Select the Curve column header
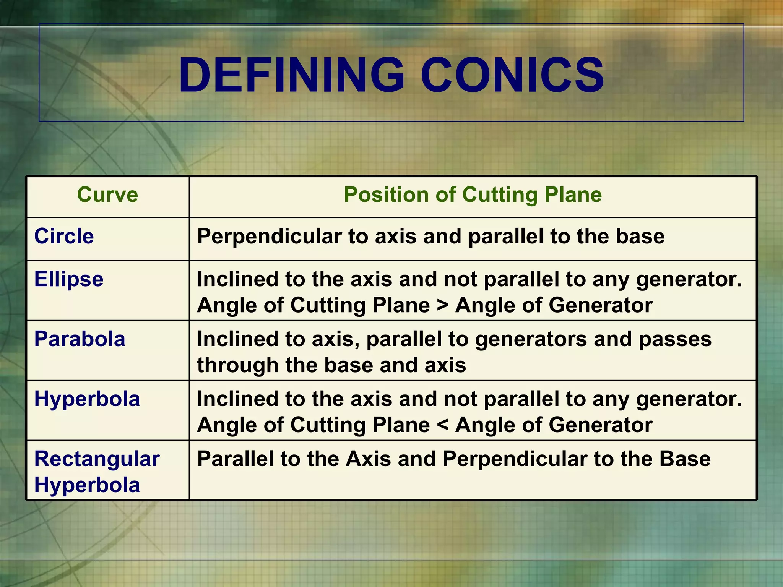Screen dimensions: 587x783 pos(107,195)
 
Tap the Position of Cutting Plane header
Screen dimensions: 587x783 pos(473,195)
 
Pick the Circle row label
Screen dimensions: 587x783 pos(64,236)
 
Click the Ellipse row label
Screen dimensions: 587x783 pos(69,279)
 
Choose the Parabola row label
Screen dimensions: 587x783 pos(80,339)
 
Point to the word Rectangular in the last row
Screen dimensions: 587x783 pos(97,459)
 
